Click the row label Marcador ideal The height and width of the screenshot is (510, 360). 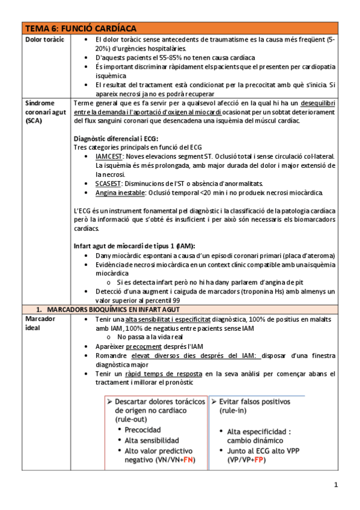pyautogui.click(x=40, y=323)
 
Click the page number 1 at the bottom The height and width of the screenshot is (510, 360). pyautogui.click(x=337, y=485)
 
